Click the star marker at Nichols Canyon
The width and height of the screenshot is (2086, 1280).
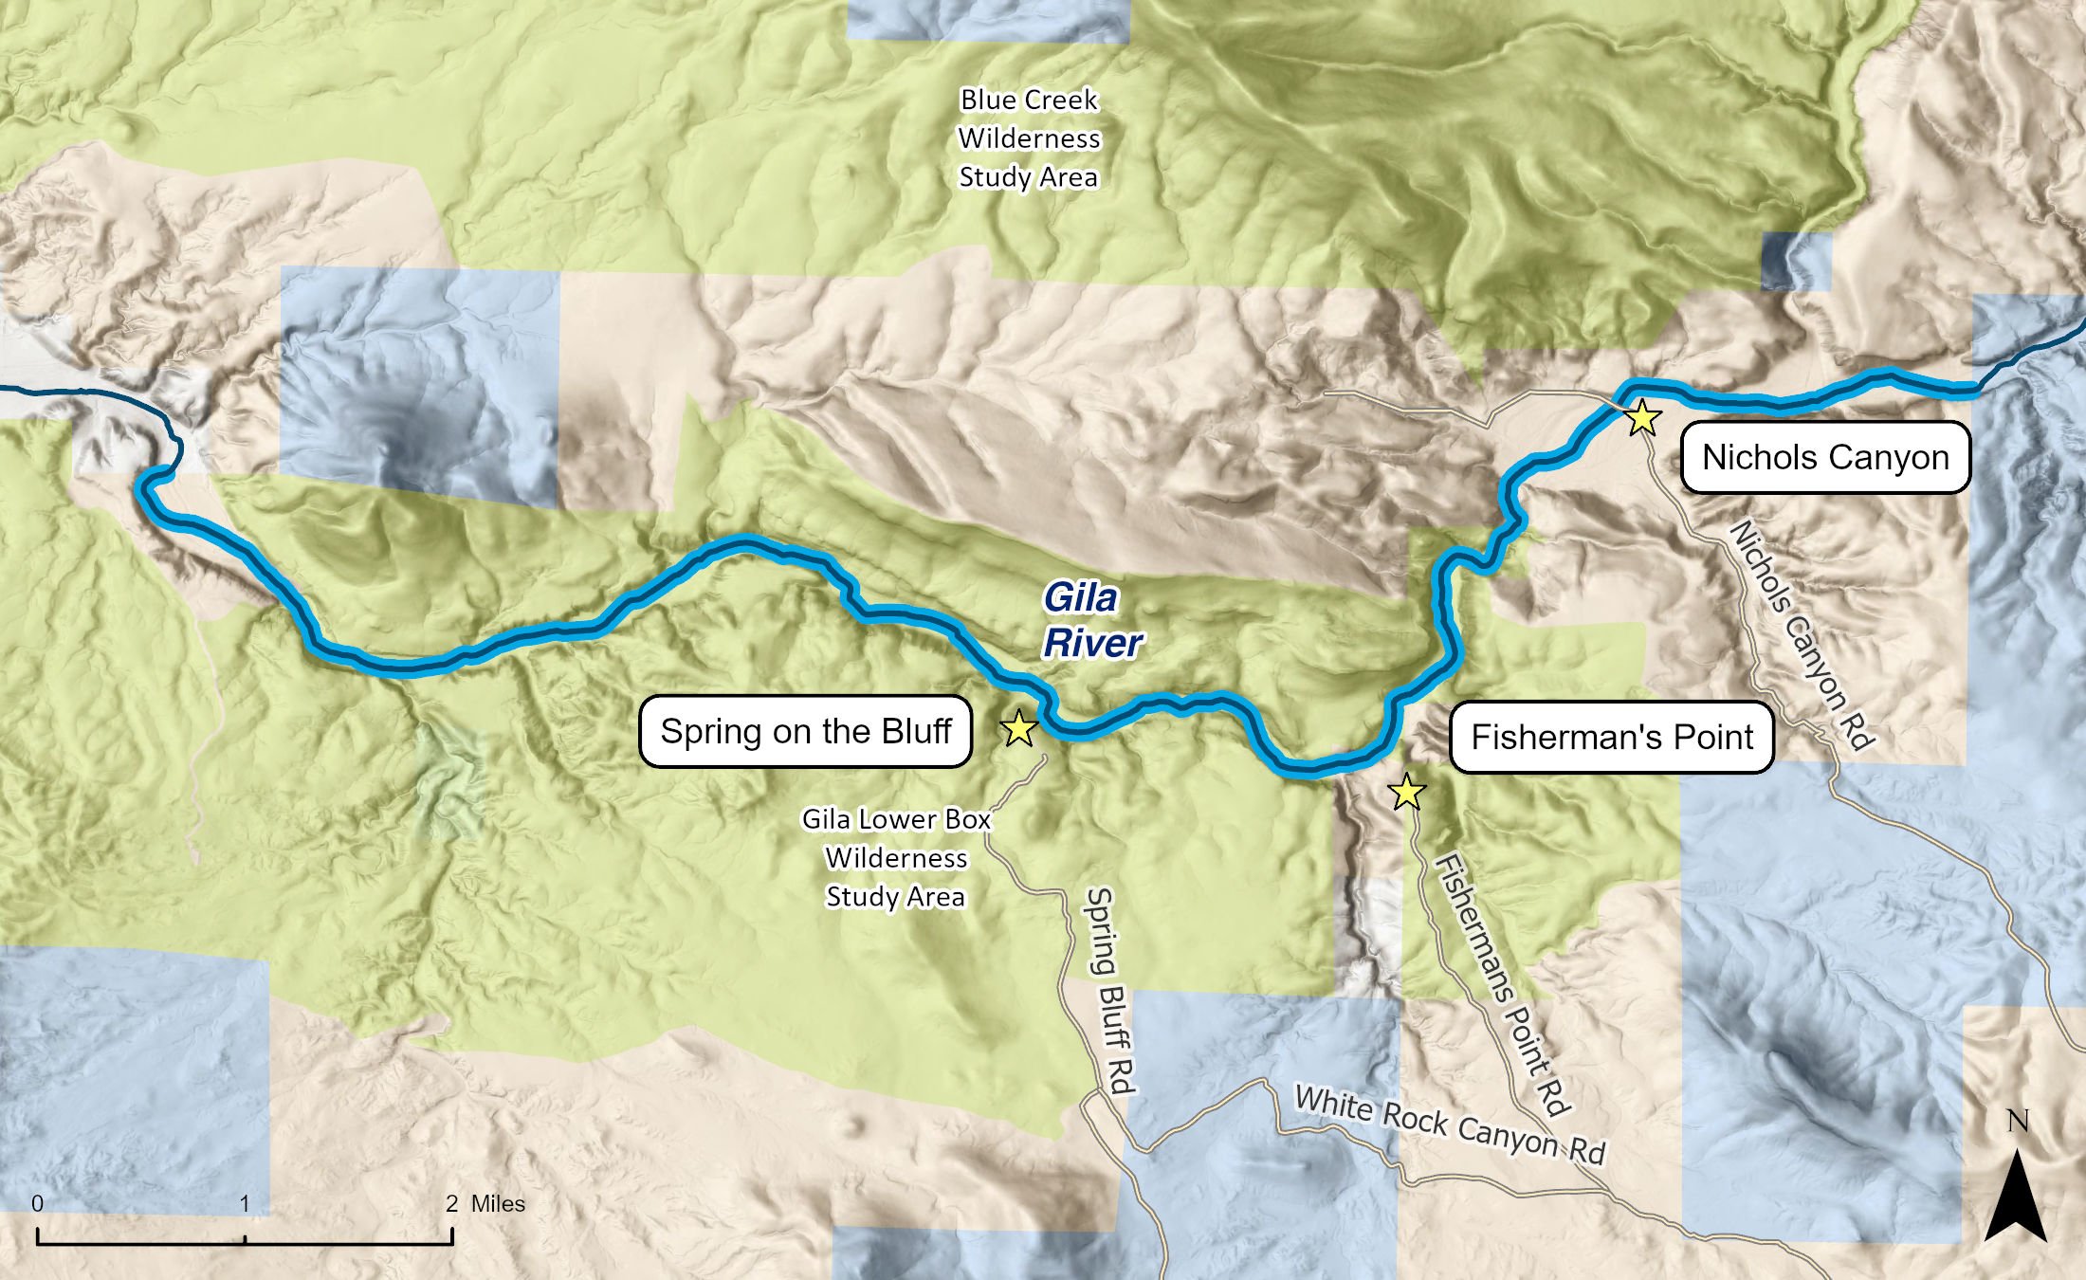click(1642, 417)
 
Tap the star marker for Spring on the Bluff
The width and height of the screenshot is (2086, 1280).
click(1018, 728)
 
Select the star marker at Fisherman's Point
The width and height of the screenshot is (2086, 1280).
click(1406, 792)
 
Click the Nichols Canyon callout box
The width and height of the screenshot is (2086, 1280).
click(1825, 457)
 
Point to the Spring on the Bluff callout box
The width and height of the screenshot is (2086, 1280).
click(805, 731)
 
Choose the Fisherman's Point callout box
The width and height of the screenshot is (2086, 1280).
click(1611, 737)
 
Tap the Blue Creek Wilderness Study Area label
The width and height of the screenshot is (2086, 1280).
click(1029, 138)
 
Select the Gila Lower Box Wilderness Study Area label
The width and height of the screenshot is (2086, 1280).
click(895, 857)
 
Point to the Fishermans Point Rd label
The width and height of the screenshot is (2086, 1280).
click(1504, 984)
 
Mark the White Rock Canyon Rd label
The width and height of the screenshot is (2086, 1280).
click(1449, 1125)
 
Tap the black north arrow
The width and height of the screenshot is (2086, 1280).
click(2016, 1199)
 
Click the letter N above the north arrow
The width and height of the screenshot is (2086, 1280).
click(2018, 1122)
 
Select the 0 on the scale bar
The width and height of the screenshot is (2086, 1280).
click(37, 1203)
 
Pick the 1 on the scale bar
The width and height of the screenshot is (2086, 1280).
click(245, 1203)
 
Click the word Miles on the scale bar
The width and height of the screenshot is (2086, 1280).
click(498, 1203)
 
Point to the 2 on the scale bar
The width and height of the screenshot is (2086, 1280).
click(452, 1203)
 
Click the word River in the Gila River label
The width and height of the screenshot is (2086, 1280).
click(1092, 643)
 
